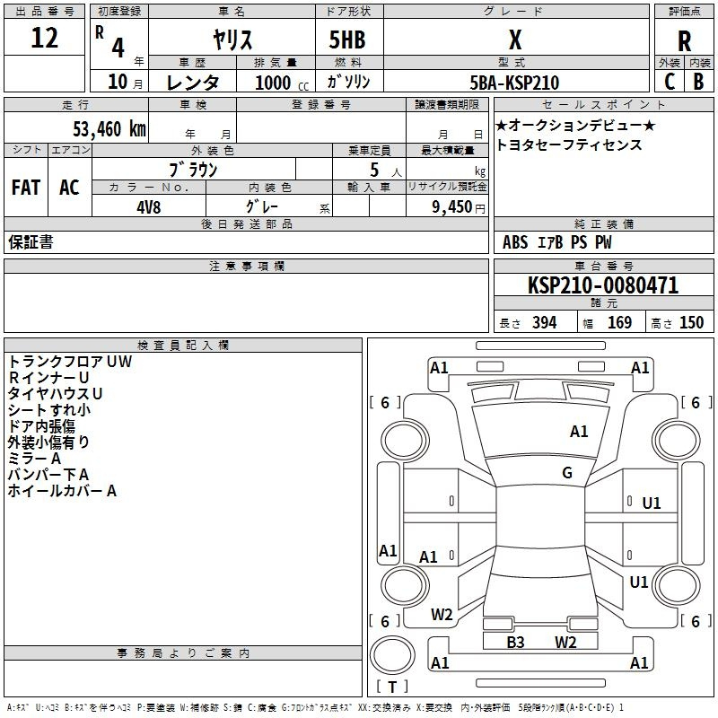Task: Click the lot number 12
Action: (44, 37)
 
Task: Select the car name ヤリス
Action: (232, 39)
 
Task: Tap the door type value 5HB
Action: (347, 39)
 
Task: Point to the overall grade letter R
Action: (684, 41)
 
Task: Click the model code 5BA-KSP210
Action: (514, 83)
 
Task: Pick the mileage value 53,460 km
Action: (109, 129)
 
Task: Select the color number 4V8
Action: (149, 207)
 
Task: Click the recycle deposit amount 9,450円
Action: (458, 207)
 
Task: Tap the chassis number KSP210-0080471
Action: (603, 285)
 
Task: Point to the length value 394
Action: (544, 322)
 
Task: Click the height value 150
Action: (691, 322)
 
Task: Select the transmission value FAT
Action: (26, 188)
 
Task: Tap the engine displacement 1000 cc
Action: (282, 83)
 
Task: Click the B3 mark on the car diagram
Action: (515, 642)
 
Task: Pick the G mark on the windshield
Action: (567, 472)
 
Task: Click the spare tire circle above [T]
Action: (392, 655)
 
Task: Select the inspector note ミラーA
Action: (34, 459)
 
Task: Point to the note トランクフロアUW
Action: (70, 362)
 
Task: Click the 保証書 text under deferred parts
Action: (31, 241)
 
